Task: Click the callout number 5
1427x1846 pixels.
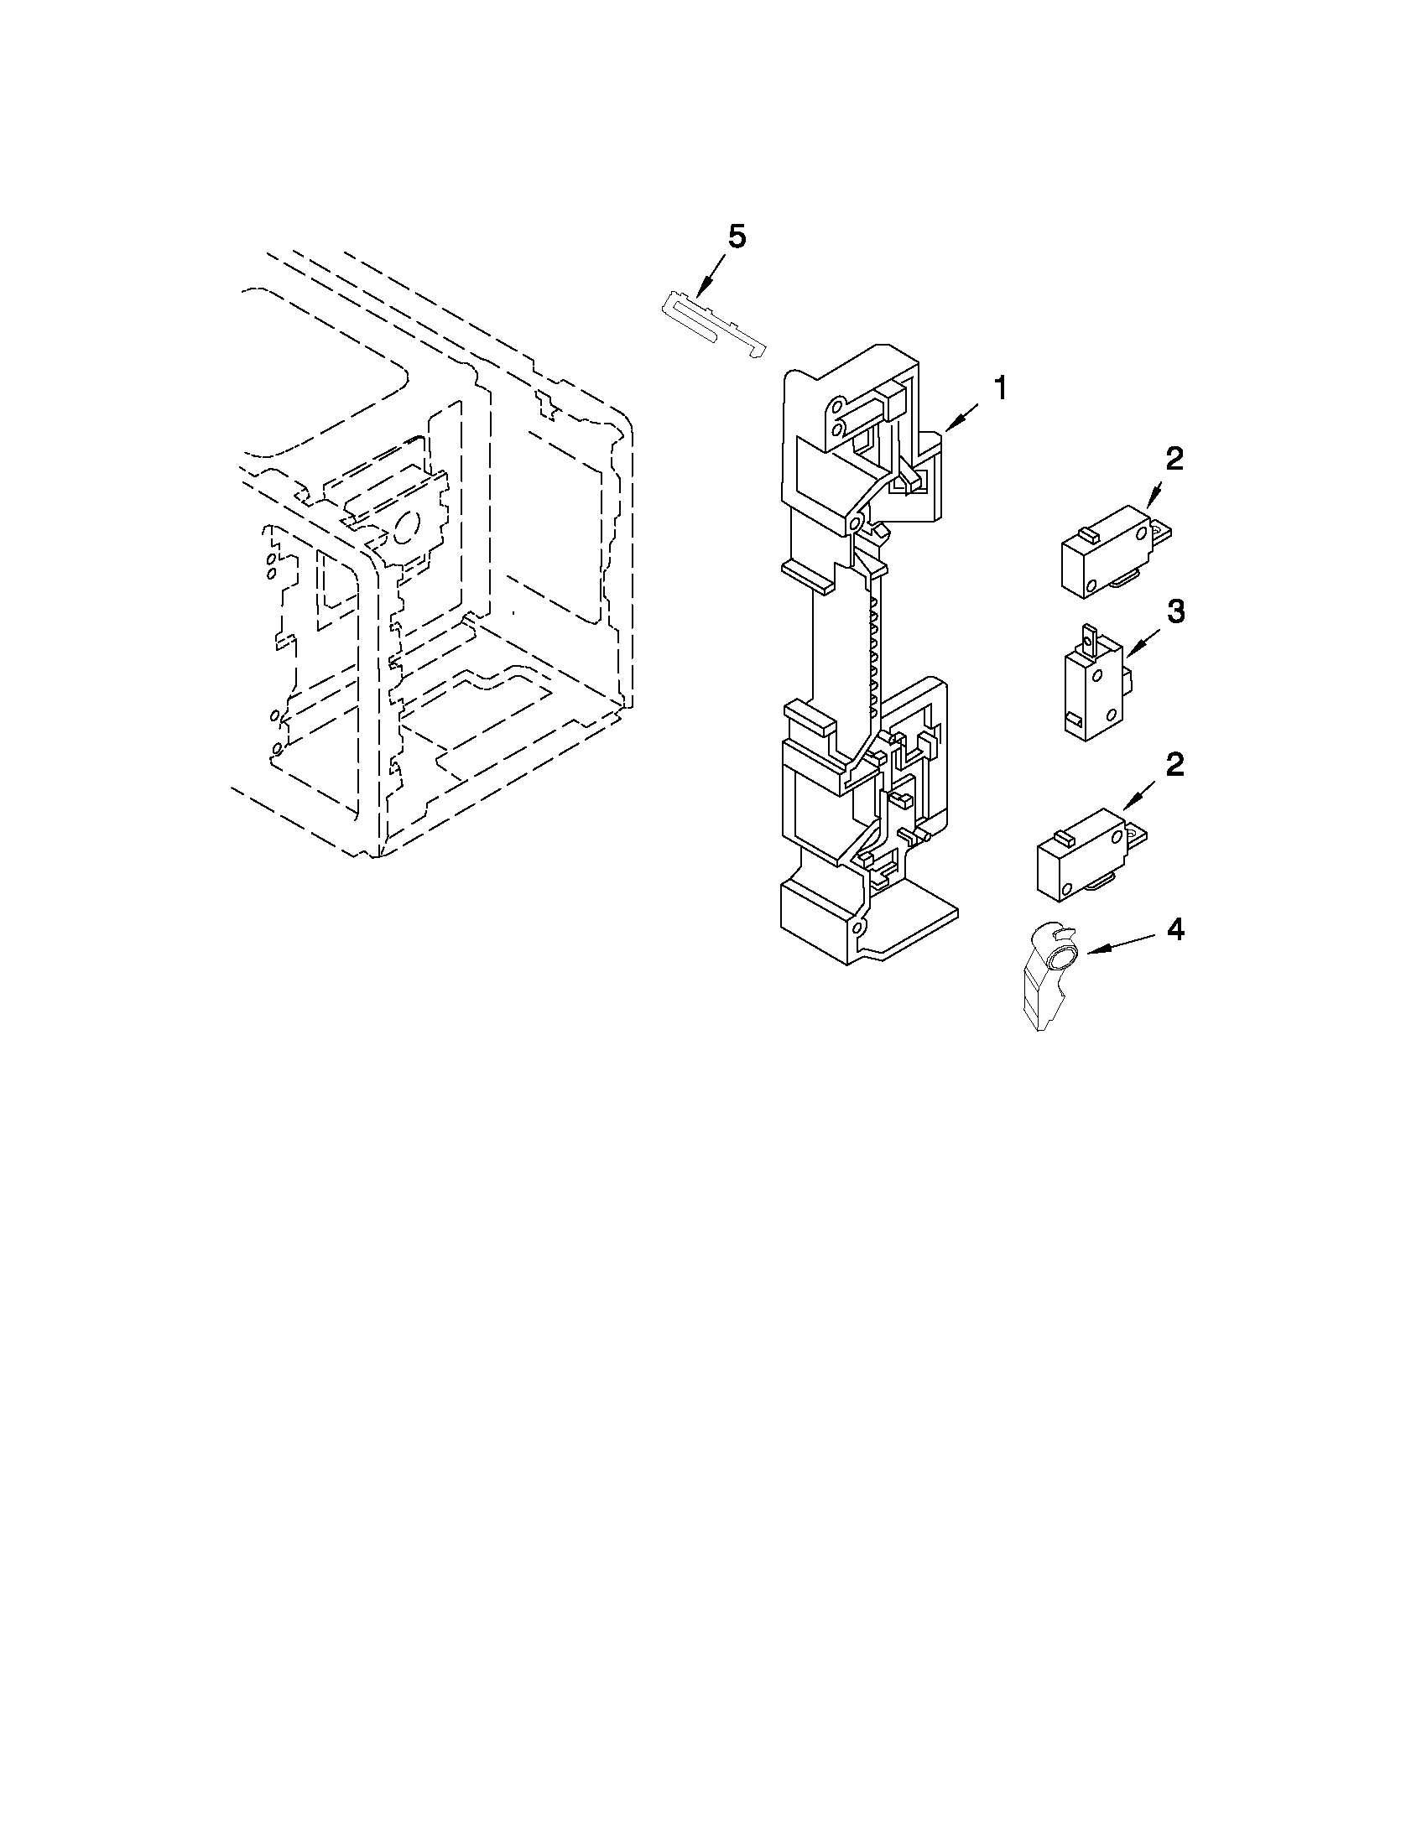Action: pyautogui.click(x=737, y=238)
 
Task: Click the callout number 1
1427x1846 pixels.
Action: pyautogui.click(x=1000, y=390)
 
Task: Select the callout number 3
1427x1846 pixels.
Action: pyautogui.click(x=1175, y=613)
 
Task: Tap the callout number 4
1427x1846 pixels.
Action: pyautogui.click(x=1175, y=930)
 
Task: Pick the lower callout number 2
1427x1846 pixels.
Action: pyautogui.click(x=1174, y=765)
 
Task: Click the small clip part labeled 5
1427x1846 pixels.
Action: pyautogui.click(x=711, y=324)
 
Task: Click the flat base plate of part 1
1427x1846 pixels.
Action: pyautogui.click(x=913, y=930)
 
